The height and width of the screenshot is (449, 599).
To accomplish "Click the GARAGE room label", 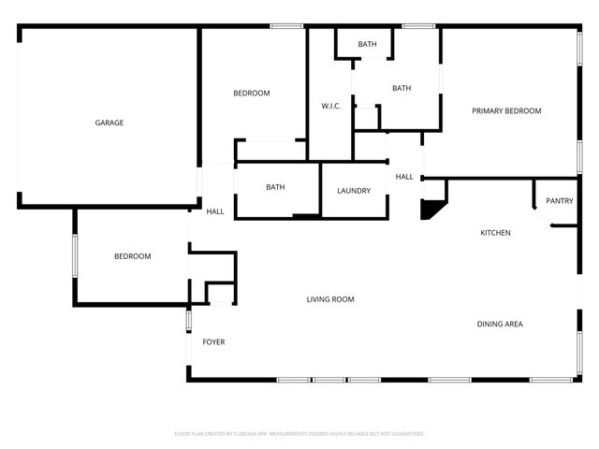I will [x=109, y=123].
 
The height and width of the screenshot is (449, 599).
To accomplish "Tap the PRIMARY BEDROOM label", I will [x=506, y=111].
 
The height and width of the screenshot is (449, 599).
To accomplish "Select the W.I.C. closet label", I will [x=330, y=106].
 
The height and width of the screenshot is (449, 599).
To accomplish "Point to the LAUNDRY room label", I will [x=354, y=191].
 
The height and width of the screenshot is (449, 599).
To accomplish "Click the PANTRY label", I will [x=560, y=200].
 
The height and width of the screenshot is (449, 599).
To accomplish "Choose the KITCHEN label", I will [x=495, y=233].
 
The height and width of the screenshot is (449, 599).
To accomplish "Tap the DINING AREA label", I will [x=500, y=325].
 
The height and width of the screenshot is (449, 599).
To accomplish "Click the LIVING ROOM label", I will [x=330, y=299].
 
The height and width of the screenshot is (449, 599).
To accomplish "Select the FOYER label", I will [x=213, y=342].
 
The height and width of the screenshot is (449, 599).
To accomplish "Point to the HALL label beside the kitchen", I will [x=404, y=177].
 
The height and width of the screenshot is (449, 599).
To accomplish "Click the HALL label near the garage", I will [x=214, y=211].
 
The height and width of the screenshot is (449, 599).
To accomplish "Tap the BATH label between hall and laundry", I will [x=275, y=187].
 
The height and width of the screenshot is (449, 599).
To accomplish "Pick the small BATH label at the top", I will [x=367, y=44].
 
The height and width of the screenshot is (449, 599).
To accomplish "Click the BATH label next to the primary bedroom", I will [x=402, y=89].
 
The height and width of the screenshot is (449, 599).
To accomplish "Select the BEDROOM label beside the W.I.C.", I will [x=251, y=93].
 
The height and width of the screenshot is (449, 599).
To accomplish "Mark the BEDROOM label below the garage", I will [x=132, y=256].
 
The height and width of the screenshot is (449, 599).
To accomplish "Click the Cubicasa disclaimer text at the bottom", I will [x=299, y=434].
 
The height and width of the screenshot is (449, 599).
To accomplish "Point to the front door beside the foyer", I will [x=188, y=321].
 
